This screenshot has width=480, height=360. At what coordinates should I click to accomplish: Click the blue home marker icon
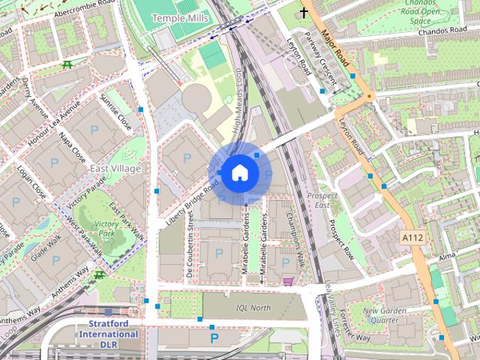238,173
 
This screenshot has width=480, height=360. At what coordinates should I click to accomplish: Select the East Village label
115,169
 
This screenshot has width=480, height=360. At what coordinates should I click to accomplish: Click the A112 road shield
412,237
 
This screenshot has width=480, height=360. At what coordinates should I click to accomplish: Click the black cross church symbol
304,12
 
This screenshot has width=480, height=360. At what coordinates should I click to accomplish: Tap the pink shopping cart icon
288,281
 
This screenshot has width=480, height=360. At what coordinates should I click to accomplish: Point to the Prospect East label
319,199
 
